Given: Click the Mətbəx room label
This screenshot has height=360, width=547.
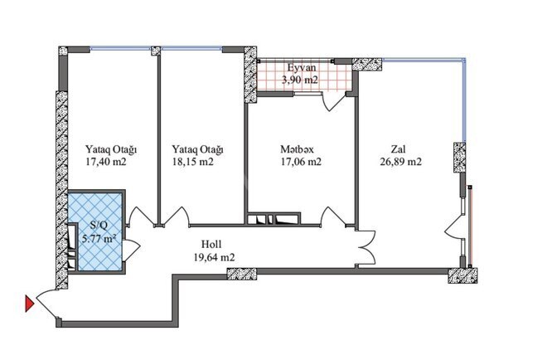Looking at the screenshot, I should (300, 150).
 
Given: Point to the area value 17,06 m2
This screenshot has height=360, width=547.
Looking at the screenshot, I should (300, 163).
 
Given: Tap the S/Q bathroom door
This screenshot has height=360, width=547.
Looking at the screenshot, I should (131, 245).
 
